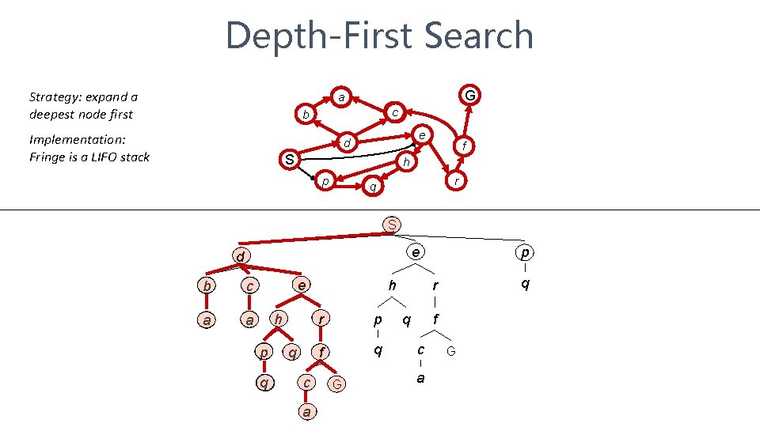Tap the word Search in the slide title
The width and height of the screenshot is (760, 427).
[x=479, y=36]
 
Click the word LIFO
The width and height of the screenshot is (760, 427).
[x=102, y=157]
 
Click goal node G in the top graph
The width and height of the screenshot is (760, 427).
[x=470, y=96]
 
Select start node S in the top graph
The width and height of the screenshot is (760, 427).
[x=290, y=160]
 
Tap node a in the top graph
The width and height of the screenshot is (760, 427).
[x=340, y=98]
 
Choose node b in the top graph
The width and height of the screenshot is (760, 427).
[x=306, y=115]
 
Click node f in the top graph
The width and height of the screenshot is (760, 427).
[x=465, y=145]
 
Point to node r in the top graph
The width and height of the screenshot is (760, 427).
[x=456, y=181]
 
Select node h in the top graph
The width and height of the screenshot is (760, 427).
[x=406, y=161]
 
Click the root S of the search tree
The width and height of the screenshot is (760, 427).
[x=391, y=225]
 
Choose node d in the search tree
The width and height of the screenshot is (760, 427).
[x=238, y=256]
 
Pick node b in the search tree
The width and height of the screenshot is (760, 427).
[x=207, y=285]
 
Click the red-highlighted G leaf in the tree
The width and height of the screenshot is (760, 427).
[x=337, y=384]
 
